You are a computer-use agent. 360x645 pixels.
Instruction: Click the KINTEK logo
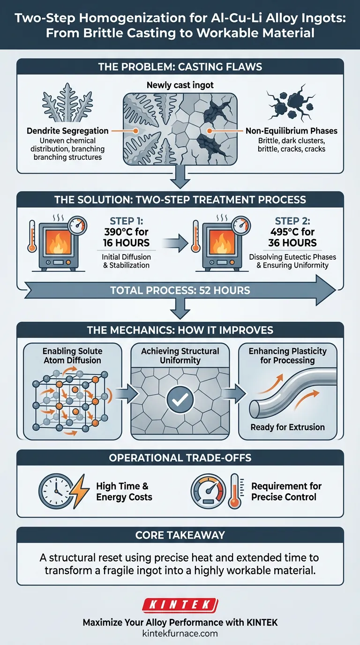[180, 605]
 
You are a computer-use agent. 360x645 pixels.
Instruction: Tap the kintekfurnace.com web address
[180, 633]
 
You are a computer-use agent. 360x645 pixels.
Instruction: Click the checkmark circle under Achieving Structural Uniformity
[180, 399]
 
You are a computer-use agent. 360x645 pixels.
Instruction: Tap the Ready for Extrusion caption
[287, 427]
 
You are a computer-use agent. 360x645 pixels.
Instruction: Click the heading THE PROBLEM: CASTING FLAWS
[180, 67]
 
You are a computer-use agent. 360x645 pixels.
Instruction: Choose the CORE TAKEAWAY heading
[180, 535]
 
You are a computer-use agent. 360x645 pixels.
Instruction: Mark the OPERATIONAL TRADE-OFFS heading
[180, 457]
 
